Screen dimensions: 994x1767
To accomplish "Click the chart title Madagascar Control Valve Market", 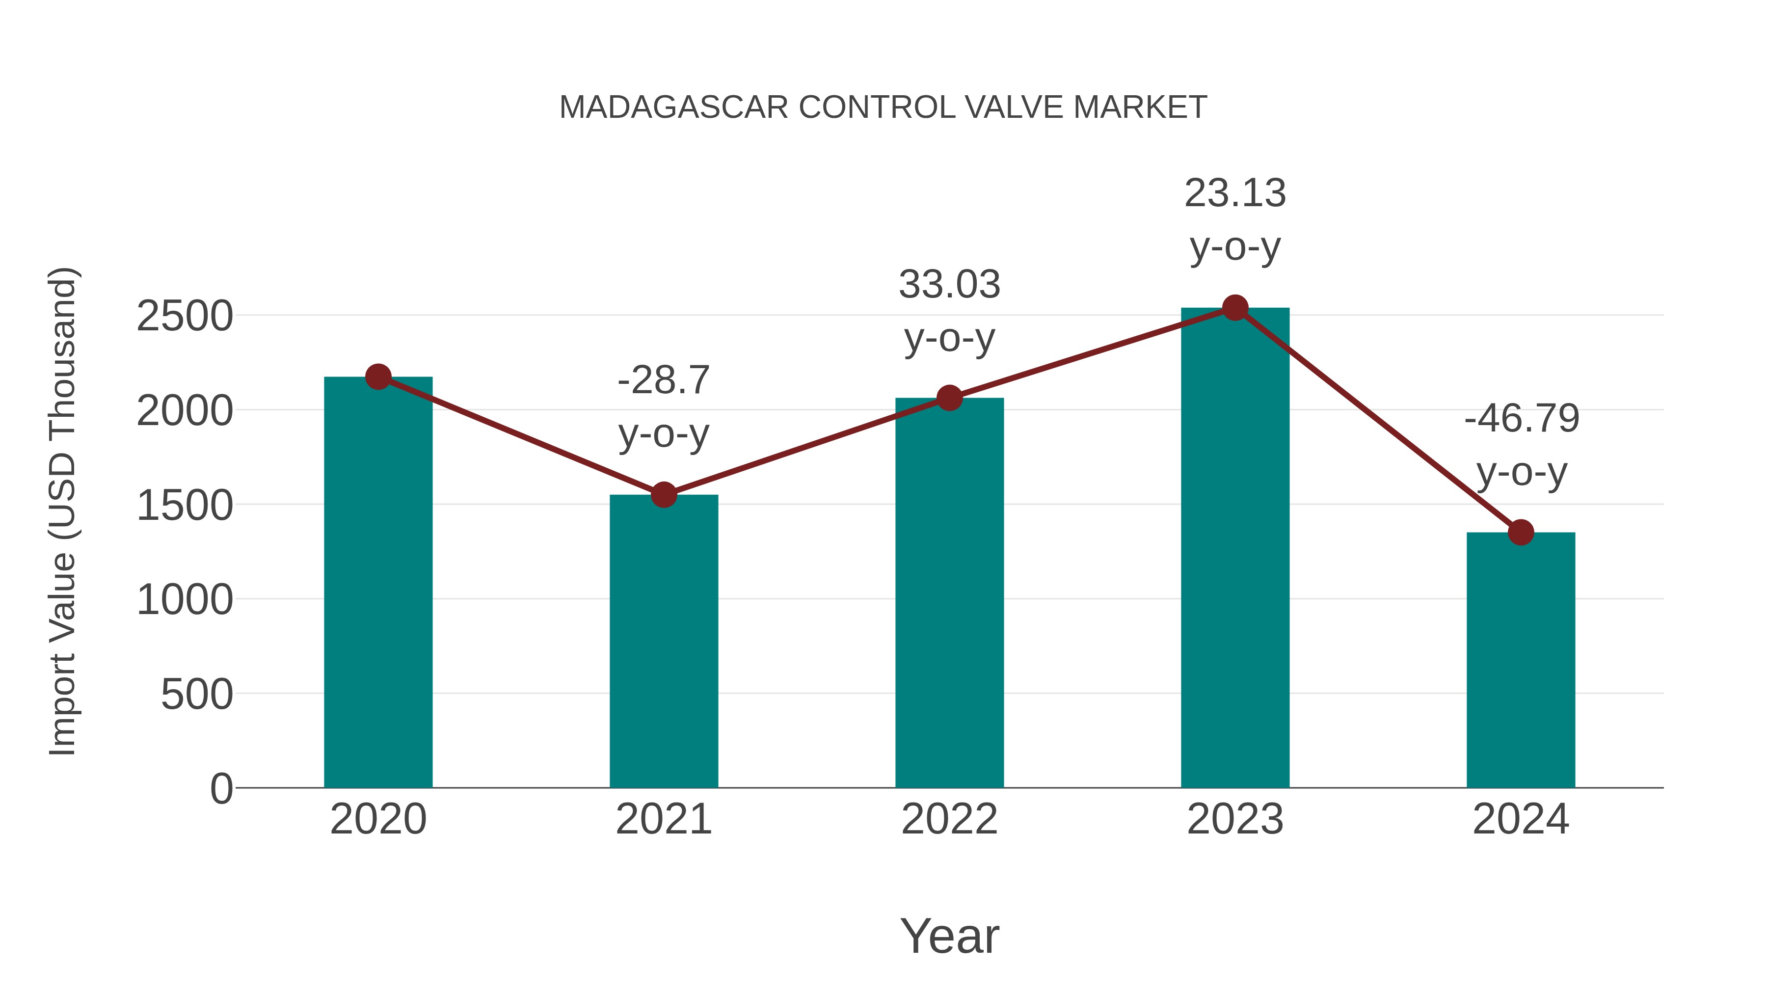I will [883, 107].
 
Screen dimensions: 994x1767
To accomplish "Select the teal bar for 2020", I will [378, 583].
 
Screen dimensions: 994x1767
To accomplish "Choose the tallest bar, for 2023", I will [1235, 549].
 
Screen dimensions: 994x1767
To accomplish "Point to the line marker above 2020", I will [378, 376].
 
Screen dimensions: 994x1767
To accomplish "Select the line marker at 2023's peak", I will [1235, 308].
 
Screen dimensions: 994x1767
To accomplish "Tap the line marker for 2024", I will [1521, 532].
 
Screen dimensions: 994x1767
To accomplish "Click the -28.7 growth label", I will [663, 381].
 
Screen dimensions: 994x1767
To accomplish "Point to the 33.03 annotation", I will [949, 285].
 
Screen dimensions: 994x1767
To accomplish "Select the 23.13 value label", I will [1235, 193].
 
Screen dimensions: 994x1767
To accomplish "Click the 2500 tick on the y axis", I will [185, 317].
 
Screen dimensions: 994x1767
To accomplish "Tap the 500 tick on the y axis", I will [197, 695].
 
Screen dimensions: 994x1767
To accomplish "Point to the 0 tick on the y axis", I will [221, 789].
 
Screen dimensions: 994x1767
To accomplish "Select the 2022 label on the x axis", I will [949, 820].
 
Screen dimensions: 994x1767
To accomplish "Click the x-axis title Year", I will [949, 937].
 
